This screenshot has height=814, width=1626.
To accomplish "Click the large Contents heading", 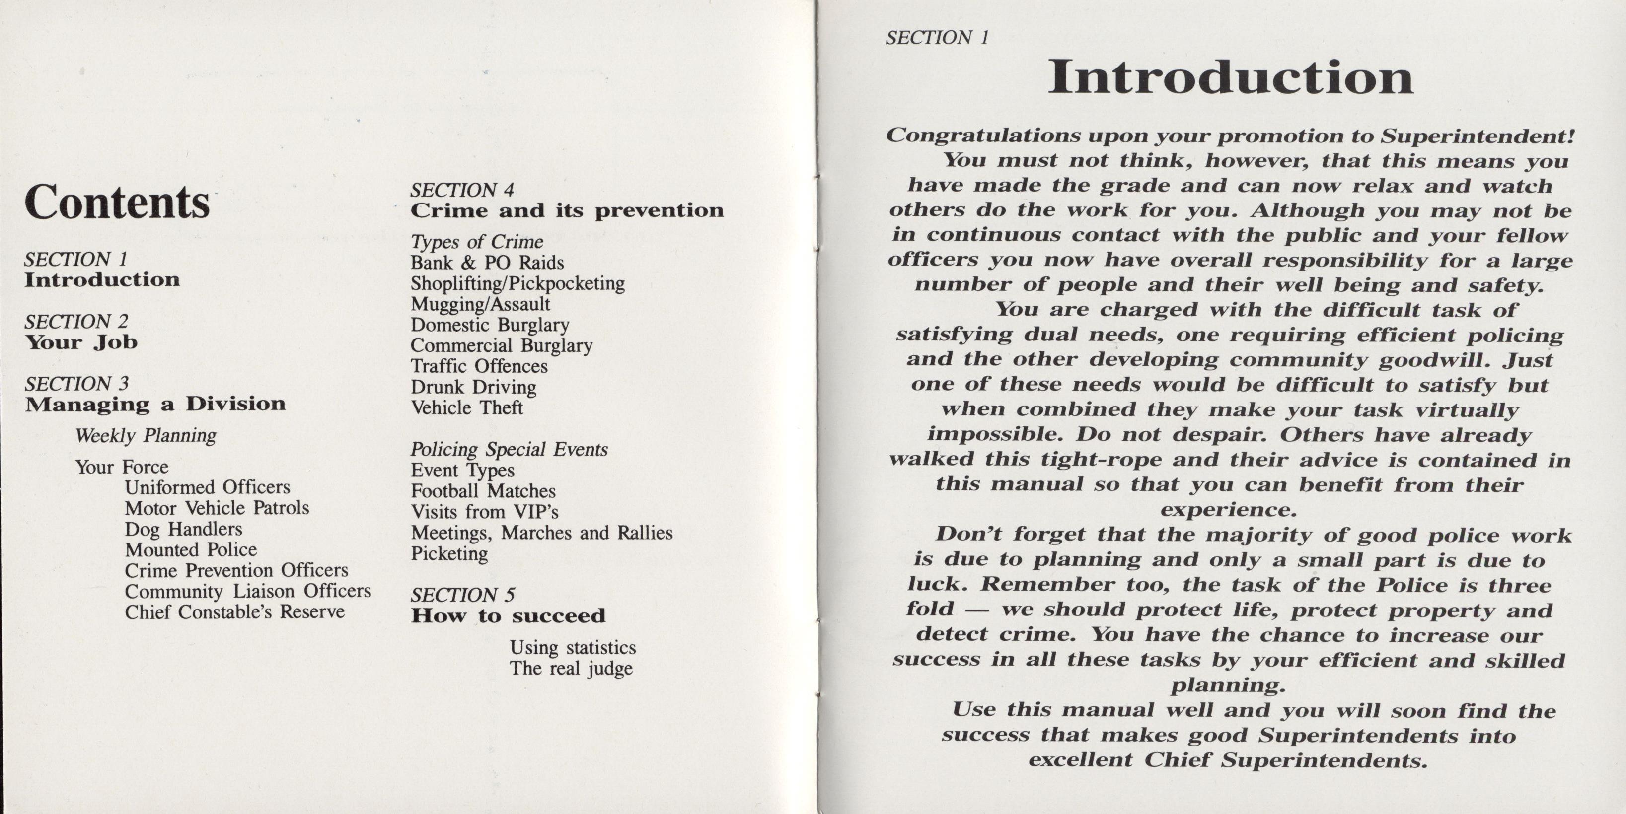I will (x=117, y=203).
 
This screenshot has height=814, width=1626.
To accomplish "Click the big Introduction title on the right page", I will (x=1230, y=77).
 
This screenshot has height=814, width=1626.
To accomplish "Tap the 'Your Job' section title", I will (x=81, y=342).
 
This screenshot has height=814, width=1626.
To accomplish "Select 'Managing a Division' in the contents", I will (x=155, y=404).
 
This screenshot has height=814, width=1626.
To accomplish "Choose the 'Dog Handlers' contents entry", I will (x=183, y=529).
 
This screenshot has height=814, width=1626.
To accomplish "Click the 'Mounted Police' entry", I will (x=191, y=549).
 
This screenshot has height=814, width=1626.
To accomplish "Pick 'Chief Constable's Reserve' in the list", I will (x=234, y=611).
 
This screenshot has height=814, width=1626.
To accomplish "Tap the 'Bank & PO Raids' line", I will (x=487, y=263).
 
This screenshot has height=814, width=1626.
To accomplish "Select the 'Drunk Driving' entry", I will (x=473, y=387).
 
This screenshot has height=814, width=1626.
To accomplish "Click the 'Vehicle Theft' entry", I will (x=466, y=407).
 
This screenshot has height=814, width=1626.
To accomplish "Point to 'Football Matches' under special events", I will (x=483, y=491).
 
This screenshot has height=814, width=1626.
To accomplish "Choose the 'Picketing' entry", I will (x=449, y=553).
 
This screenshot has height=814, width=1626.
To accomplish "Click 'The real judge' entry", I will (x=571, y=668).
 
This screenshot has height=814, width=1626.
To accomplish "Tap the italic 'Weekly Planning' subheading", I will (x=146, y=435).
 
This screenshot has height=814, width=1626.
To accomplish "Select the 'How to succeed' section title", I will (x=508, y=615).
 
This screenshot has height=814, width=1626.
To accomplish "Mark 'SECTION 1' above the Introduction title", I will (x=937, y=38).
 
